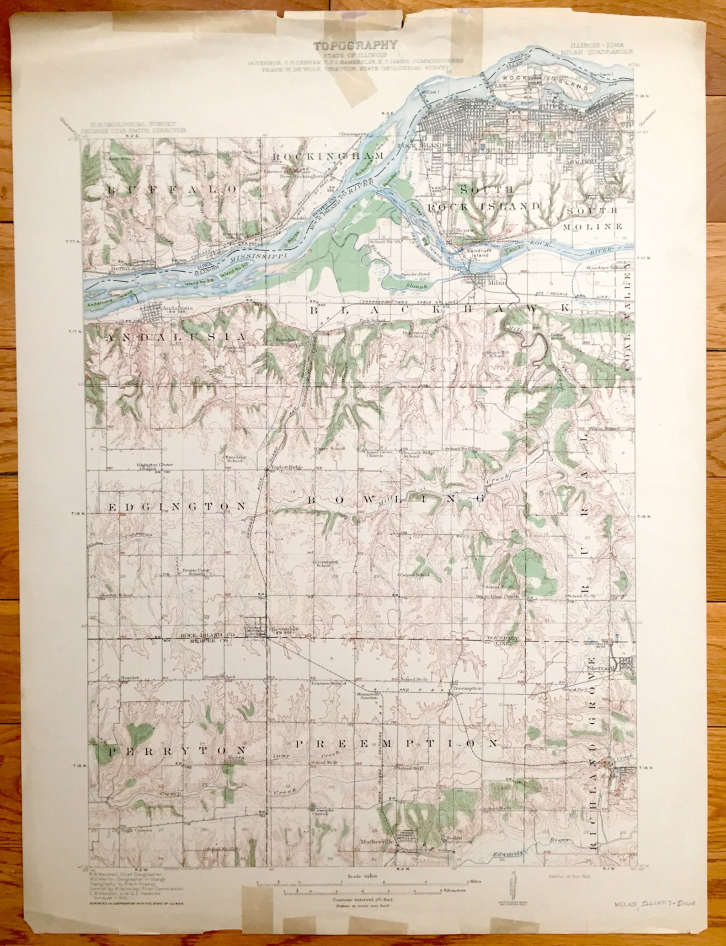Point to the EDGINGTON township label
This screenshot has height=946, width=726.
click(x=177, y=506)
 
